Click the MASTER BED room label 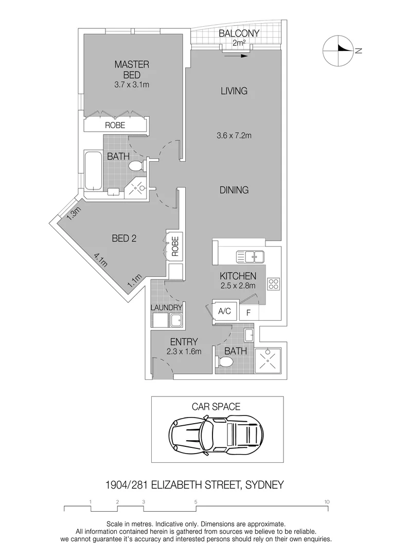pos(132,69)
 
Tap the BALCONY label pos(239,34)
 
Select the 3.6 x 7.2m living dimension pos(234,136)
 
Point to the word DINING pos(234,190)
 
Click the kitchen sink pos(249,256)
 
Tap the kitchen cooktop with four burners pos(273,284)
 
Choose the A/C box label pos(224,311)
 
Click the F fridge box pos(248,312)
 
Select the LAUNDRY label pos(166,307)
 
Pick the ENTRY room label pos(183,341)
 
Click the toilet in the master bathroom pos(135,166)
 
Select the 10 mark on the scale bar pos(327,501)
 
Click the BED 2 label pos(123,238)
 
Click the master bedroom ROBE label pos(115,125)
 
